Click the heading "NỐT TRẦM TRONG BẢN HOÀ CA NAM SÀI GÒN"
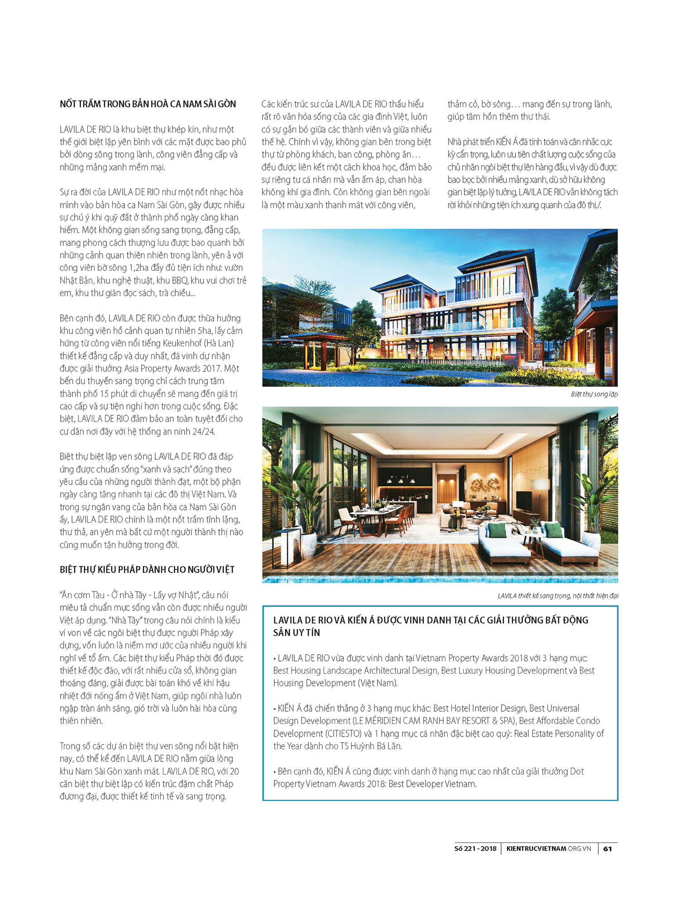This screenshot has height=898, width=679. [148, 104]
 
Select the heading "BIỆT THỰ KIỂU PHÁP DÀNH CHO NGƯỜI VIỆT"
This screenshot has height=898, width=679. [147, 570]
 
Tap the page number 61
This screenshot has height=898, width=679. [607, 849]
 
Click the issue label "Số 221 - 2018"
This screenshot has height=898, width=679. [475, 849]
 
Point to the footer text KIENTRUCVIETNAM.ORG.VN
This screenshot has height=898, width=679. [549, 849]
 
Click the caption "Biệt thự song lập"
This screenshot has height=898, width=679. [594, 394]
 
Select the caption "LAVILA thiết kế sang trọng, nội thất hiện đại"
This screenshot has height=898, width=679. [558, 596]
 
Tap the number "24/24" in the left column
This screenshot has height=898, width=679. [204, 431]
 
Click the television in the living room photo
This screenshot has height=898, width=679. [524, 501]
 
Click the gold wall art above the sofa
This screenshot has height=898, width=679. [485, 486]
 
